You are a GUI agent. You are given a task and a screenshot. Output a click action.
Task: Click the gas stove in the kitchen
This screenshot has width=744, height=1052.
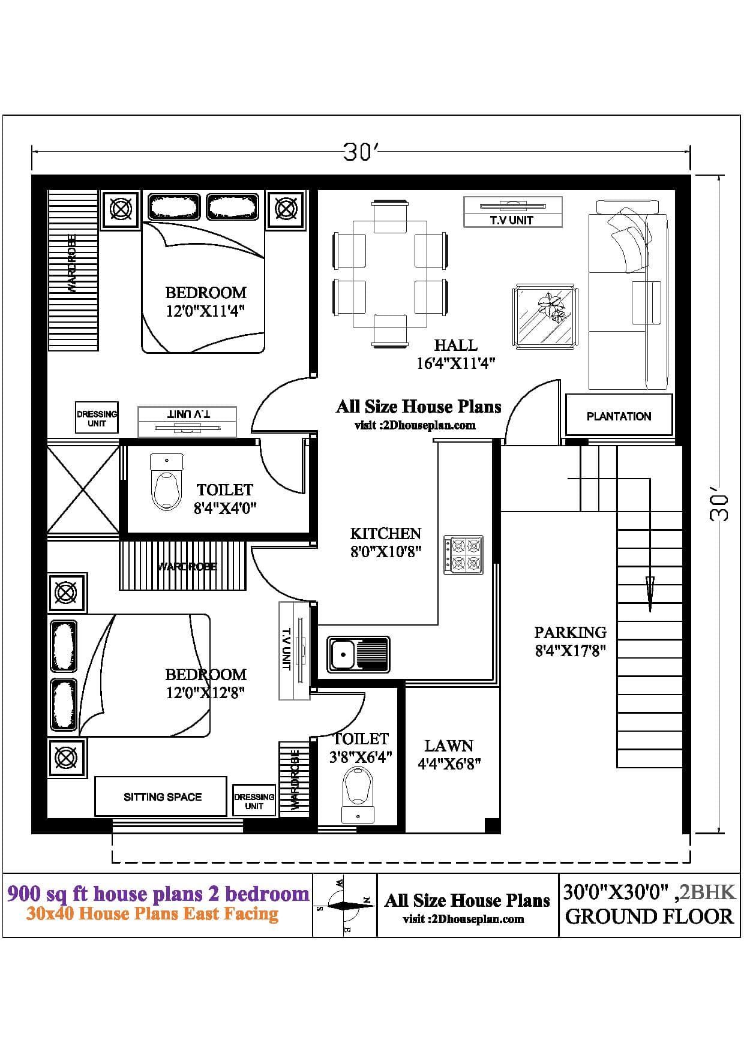[x=463, y=555]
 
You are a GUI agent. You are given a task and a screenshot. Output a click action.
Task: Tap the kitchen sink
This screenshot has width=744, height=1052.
[x=358, y=654]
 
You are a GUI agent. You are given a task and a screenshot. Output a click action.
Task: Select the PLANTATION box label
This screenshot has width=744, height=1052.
[x=619, y=416]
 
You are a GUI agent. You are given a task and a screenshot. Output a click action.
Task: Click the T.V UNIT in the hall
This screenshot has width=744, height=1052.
[x=513, y=212]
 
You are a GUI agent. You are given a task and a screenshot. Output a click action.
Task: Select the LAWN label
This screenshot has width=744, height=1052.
[x=449, y=746]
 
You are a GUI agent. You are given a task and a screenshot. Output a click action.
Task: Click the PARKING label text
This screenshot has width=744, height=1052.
[x=570, y=632]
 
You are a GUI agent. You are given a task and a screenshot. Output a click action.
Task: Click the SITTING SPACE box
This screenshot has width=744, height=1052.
[x=162, y=796]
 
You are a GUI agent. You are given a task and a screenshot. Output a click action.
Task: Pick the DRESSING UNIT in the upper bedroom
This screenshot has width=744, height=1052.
[x=97, y=417]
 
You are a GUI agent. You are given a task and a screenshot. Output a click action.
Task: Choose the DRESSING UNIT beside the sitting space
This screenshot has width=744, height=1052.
[x=254, y=801]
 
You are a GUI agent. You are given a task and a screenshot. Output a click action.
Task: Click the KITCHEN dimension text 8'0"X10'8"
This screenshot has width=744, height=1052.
[x=386, y=551]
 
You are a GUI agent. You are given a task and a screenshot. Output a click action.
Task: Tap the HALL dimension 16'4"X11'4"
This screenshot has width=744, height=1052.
[x=455, y=363]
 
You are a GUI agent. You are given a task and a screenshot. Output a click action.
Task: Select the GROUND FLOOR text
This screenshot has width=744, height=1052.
[x=649, y=916]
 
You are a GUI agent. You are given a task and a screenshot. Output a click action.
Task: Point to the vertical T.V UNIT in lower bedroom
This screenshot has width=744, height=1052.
[x=294, y=650]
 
